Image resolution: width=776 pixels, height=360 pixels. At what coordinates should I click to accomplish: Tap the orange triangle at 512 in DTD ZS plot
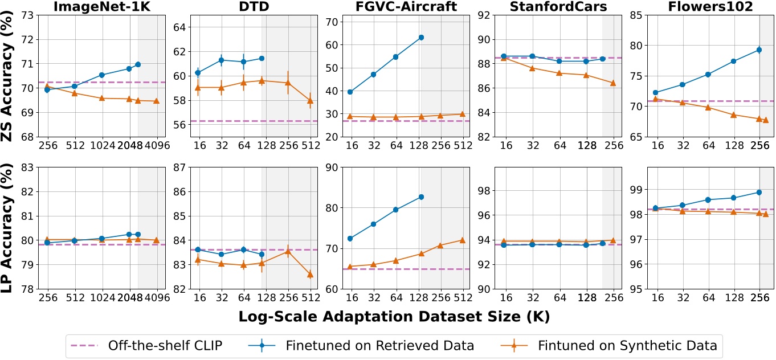click(310, 101)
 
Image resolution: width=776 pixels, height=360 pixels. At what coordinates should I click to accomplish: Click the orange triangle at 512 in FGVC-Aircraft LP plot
click(462, 240)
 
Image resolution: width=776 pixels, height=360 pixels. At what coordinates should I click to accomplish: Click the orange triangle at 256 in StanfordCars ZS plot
click(613, 83)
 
